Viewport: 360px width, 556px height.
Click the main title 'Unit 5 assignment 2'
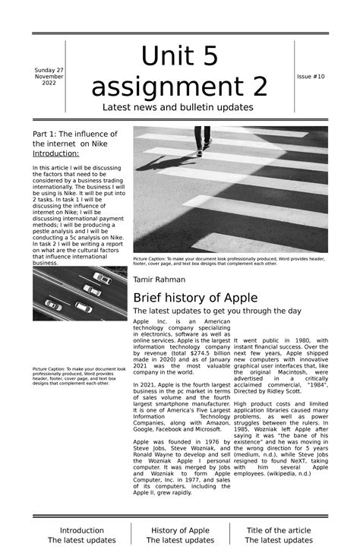click(x=179, y=72)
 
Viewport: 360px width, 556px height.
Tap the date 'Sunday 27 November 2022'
click(x=49, y=77)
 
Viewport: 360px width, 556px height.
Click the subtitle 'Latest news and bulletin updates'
click(x=178, y=108)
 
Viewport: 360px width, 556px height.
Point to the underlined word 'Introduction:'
click(x=55, y=153)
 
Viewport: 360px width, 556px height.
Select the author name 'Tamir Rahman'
click(x=159, y=280)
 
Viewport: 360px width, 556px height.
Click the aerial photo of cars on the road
click(x=80, y=292)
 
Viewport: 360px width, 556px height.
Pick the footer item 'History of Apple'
click(x=180, y=530)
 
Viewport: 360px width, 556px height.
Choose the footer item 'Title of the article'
click(x=279, y=530)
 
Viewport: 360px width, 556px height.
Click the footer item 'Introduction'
click(x=82, y=530)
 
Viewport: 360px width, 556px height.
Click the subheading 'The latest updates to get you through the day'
click(x=217, y=311)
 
